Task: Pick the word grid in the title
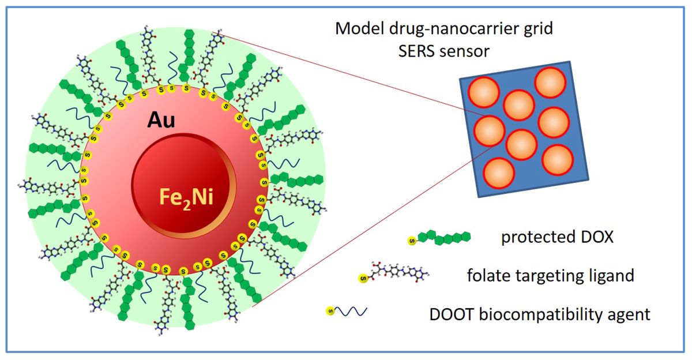tap(538, 29)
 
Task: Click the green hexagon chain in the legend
tap(443, 237)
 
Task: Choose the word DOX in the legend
tap(591, 237)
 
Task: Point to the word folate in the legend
tap(487, 276)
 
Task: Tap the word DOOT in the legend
tap(449, 315)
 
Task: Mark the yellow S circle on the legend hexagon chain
tap(412, 239)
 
